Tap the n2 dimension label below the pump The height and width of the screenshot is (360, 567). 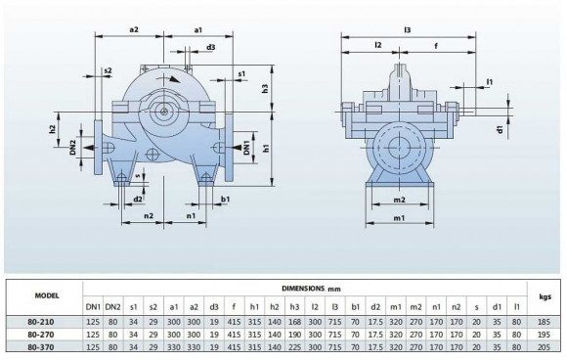click(148, 214)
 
